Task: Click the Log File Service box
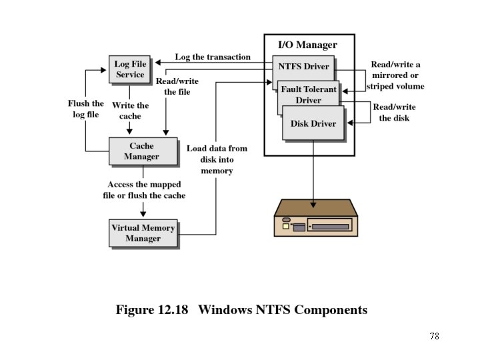pos(129,69)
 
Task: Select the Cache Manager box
pos(143,151)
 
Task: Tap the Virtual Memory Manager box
pos(143,233)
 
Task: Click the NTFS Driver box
pos(303,67)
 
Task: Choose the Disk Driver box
pos(313,123)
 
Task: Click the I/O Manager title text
pos(307,45)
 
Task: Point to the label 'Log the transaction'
pos(213,57)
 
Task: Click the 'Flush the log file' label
pos(86,109)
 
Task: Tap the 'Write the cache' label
pos(130,111)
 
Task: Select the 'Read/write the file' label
pos(177,86)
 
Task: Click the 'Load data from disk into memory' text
pos(217,159)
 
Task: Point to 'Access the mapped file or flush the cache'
pos(144,190)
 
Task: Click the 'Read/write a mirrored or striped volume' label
pos(395,75)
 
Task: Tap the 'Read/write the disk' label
pos(394,113)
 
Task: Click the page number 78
pos(435,336)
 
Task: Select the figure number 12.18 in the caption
pos(173,309)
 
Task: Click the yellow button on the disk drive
pos(285,226)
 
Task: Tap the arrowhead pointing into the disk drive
pos(313,205)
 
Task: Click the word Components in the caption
pos(331,310)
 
